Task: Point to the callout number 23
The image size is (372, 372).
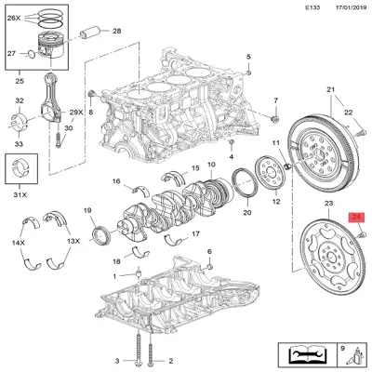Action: (327, 203)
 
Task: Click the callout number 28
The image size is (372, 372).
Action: (116, 32)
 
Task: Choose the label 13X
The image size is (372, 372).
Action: (73, 242)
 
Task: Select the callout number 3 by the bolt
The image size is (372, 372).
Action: (117, 360)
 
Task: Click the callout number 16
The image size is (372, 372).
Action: (116, 180)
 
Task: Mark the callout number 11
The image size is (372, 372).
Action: (275, 141)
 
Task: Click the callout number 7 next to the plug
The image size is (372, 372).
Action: (276, 100)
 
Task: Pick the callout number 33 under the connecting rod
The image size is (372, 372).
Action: (20, 145)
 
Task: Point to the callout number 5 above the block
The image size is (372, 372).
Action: (249, 57)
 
